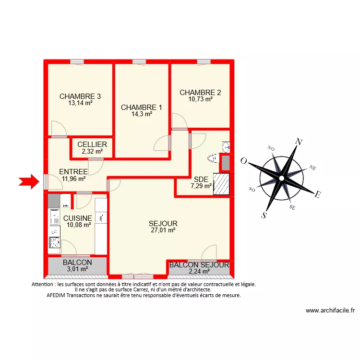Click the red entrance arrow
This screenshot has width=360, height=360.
[x=28, y=181]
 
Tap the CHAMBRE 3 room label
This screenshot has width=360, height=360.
[x=80, y=96]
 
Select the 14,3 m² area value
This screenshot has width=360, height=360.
[x=142, y=114]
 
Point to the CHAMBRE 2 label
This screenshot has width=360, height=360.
[x=200, y=93]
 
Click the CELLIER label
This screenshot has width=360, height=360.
[x=92, y=144]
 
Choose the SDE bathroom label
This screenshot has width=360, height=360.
[x=201, y=180]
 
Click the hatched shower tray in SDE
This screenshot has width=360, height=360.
[x=221, y=184]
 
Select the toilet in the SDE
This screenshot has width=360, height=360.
[x=212, y=158]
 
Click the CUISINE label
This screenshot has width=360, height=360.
[x=77, y=218]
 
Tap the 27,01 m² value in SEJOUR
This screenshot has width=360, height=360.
[x=163, y=230]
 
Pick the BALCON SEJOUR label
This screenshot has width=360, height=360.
[x=199, y=264]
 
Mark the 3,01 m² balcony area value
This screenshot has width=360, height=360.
[x=77, y=269]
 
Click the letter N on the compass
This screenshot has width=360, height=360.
[x=299, y=142]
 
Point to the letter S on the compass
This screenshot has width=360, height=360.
[x=264, y=215]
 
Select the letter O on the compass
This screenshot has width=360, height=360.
[x=244, y=161]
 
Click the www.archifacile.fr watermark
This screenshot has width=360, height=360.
[x=330, y=311]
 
